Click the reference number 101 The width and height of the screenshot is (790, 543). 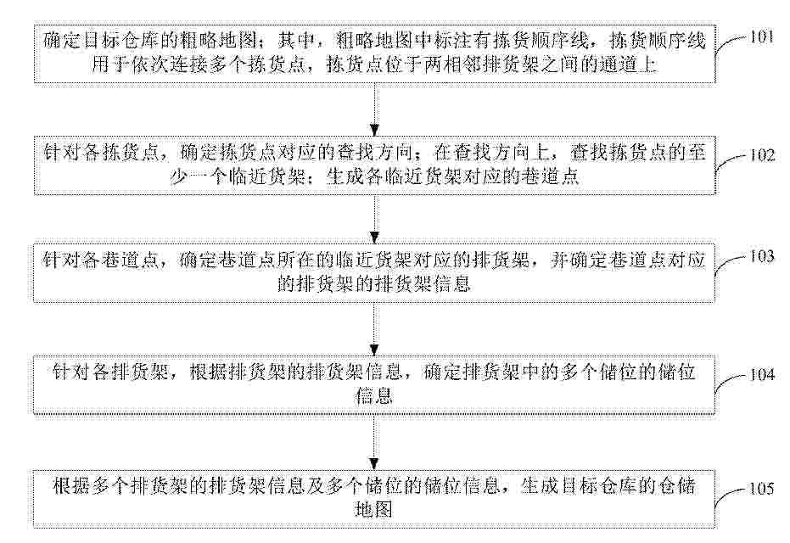tap(761, 37)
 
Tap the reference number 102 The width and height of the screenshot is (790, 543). tap(762, 154)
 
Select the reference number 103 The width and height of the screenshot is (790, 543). tap(762, 256)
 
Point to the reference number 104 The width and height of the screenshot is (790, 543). tap(762, 375)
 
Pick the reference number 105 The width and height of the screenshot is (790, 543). tap(762, 489)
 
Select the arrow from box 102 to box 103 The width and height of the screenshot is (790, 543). tap(374, 219)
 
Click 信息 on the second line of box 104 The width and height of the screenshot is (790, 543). tap(374, 396)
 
